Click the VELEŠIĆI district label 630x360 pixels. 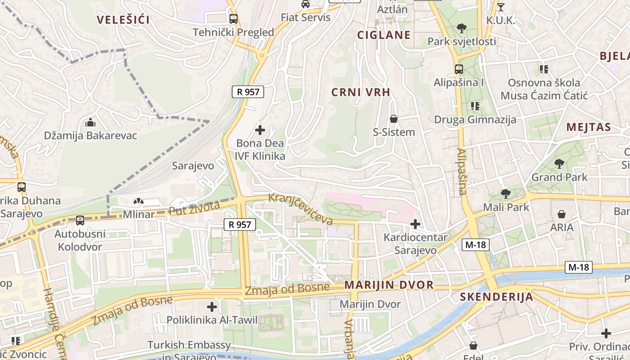pos(123,19)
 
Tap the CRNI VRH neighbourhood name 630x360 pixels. pos(360,92)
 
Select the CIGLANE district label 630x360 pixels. pos(384,35)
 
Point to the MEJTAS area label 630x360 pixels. pos(589,127)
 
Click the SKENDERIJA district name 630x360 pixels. pos(496,297)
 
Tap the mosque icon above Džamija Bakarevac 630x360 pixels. pos(90,122)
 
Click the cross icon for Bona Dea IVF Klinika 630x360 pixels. pos(260,130)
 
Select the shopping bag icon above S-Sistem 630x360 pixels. pos(394,119)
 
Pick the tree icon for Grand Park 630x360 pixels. pos(559,164)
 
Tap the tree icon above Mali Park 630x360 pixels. pos(506,194)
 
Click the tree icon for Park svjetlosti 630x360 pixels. pos(461,28)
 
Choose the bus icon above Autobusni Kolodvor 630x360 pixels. pos(80,220)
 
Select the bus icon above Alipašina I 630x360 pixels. pos(459,69)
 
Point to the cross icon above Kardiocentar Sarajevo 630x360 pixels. pos(415,224)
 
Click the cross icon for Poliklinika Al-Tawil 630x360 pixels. pos(212,307)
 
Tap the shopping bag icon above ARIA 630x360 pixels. pos(562,214)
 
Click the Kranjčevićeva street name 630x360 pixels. pos(301,209)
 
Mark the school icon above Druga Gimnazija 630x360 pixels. pos(475,106)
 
